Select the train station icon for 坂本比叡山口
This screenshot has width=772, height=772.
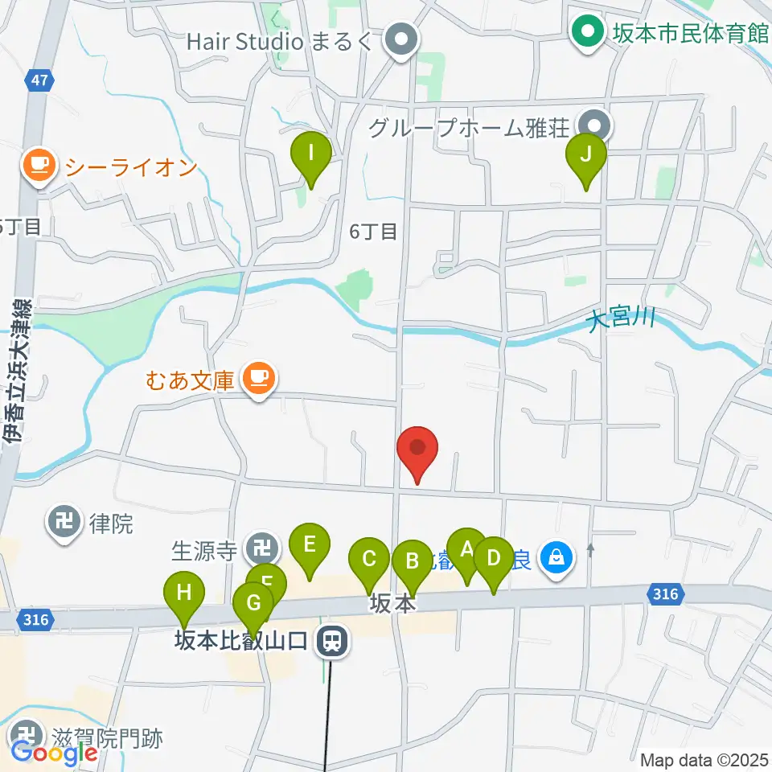point(331,641)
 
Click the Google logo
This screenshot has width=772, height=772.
point(55,754)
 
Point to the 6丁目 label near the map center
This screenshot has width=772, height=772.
point(373,232)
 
